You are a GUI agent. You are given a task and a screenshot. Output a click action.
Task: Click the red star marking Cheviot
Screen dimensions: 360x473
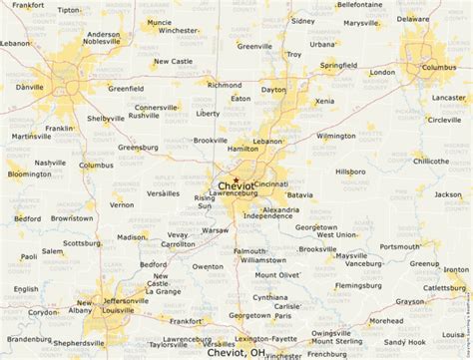click(x=236, y=180)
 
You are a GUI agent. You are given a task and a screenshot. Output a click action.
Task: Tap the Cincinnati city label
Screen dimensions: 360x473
click(x=270, y=184)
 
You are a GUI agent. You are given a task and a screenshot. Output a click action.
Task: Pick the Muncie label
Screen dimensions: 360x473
click(x=159, y=22)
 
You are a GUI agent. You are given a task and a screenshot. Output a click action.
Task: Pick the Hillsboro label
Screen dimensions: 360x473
click(x=349, y=172)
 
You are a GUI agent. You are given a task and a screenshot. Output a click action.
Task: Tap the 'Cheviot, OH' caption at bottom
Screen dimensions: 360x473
click(x=236, y=352)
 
